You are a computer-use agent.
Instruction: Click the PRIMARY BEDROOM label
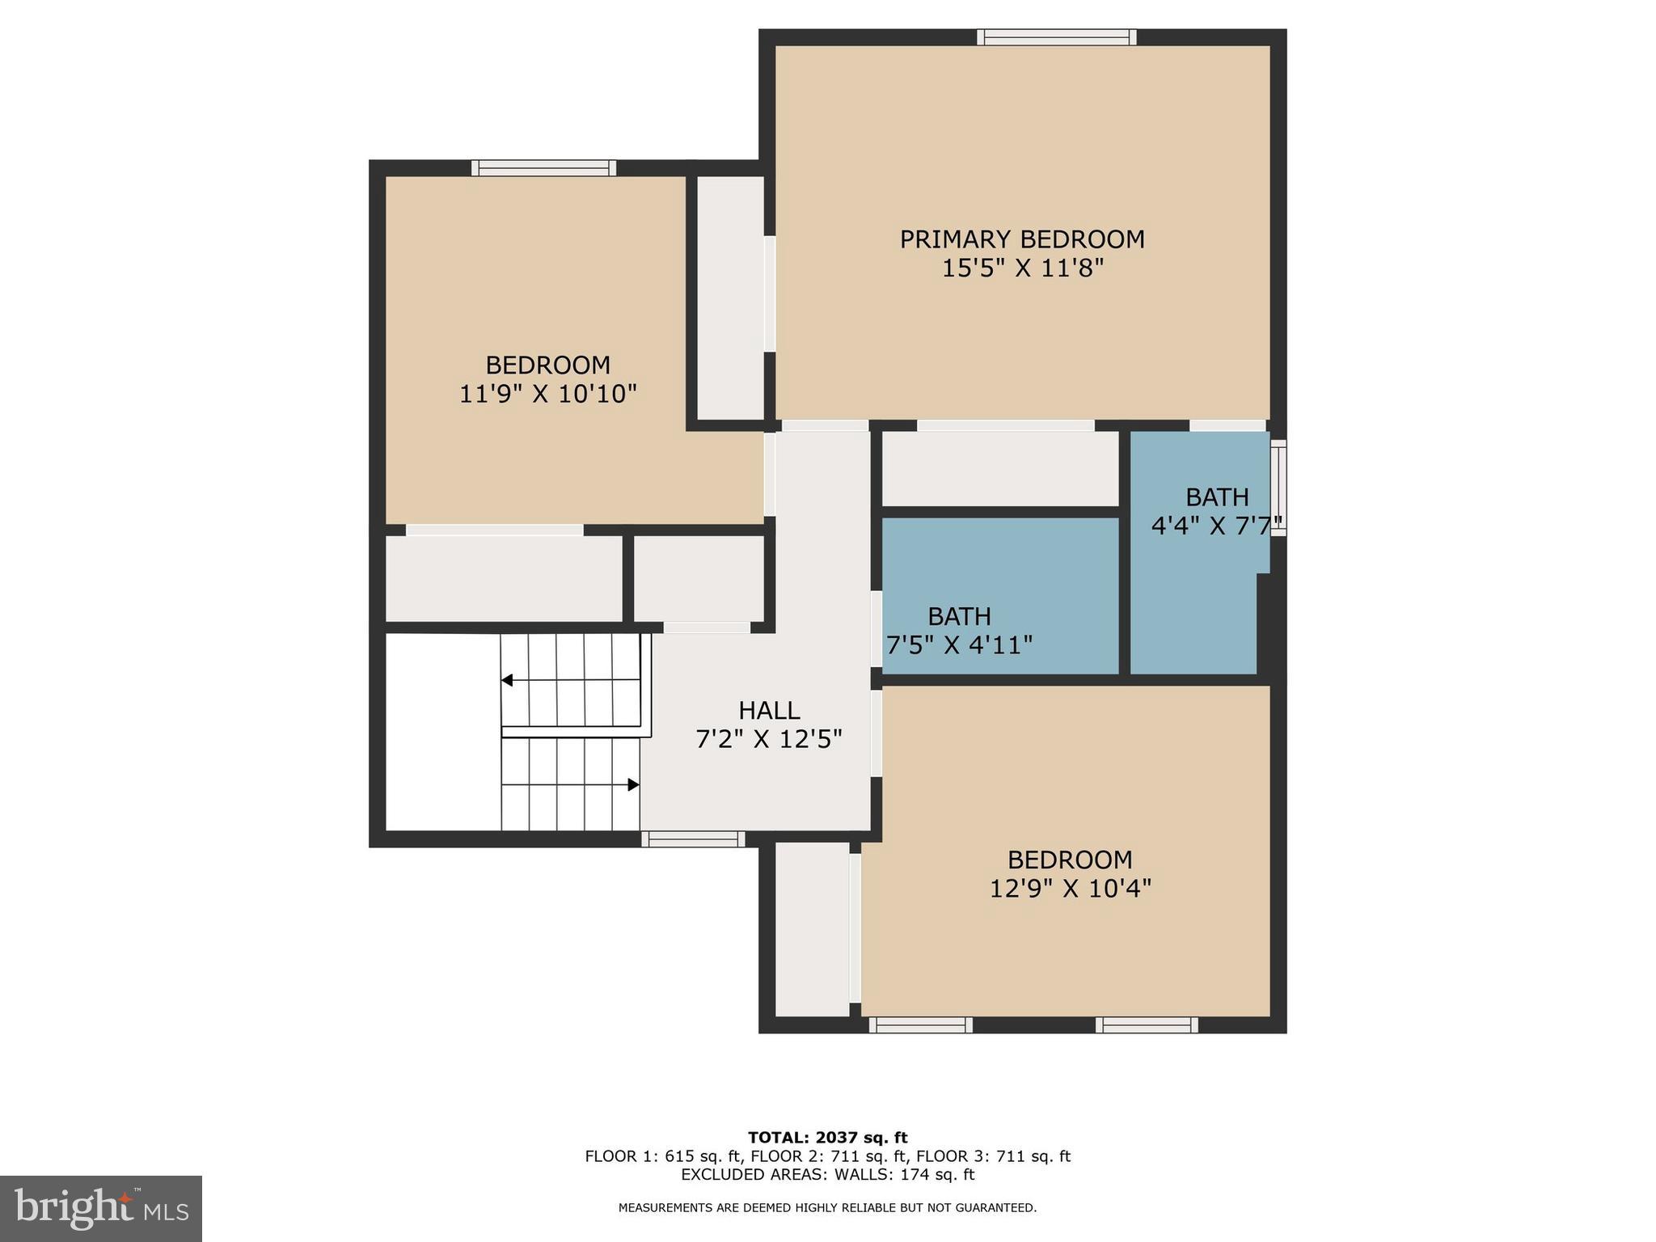coord(1022,239)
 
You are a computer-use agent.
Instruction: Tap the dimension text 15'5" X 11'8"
coord(1022,268)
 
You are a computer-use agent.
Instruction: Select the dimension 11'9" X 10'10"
coord(548,395)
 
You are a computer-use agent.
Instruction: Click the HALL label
coord(769,711)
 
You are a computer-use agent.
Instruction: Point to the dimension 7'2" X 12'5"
coord(769,739)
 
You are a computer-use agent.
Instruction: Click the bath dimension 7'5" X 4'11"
coord(960,645)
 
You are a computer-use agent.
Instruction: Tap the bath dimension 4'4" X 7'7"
coord(1216,526)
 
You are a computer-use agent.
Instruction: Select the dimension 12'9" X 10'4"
coord(1070,889)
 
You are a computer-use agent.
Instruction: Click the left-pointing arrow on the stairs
coord(507,680)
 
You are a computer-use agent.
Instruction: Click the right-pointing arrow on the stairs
coord(634,784)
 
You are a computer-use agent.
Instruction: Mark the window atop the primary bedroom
coord(1056,37)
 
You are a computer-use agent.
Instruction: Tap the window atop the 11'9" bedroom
coord(543,168)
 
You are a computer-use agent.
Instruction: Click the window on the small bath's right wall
coord(1278,488)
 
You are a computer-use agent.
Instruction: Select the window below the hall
coord(693,839)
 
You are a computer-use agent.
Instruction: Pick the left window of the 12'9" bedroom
coord(921,1025)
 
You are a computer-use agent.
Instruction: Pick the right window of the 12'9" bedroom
coord(1147,1025)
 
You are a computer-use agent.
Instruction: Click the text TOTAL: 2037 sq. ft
coord(827,1138)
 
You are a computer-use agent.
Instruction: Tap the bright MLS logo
coord(101,1208)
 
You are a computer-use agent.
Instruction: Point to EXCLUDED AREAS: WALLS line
coord(827,1174)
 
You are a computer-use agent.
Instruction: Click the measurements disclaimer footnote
coord(827,1208)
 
